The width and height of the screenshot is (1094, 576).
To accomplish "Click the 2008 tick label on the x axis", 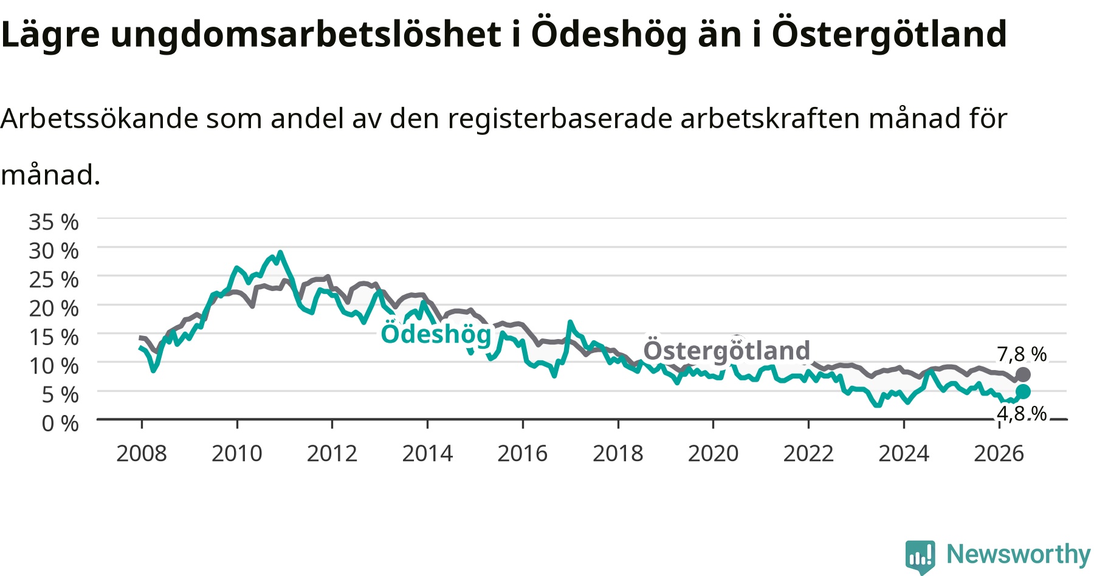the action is click(142, 453).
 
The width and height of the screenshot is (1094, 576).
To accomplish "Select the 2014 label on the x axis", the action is click(427, 453).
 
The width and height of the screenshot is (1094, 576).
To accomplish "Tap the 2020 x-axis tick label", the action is click(714, 453).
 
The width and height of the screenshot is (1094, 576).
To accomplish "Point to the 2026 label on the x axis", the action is click(999, 453).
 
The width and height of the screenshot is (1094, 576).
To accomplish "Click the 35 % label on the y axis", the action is click(53, 222).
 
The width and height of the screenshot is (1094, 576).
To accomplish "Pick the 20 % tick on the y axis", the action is click(53, 308).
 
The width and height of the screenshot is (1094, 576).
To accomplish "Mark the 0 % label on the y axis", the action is click(60, 423).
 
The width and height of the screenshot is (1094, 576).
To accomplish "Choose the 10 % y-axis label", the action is click(53, 366).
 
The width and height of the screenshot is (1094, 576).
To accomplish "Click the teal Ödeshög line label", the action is click(436, 334).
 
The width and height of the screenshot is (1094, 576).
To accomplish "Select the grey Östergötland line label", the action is click(727, 351).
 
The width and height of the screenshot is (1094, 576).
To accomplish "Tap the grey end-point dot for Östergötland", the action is click(1023, 374).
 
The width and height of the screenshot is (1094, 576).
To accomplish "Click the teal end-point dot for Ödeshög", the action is click(1023, 391).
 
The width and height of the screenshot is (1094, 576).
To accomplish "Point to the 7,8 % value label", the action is click(1022, 354).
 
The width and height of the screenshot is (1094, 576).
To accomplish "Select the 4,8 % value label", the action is click(1022, 414).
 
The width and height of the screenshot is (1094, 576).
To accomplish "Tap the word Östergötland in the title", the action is click(889, 33).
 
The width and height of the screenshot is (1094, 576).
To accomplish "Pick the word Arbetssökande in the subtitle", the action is click(100, 118).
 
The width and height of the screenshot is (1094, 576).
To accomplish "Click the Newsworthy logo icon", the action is click(920, 557).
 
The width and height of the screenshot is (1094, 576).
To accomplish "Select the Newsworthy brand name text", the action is click(1019, 554).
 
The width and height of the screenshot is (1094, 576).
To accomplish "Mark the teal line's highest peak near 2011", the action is click(280, 252).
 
